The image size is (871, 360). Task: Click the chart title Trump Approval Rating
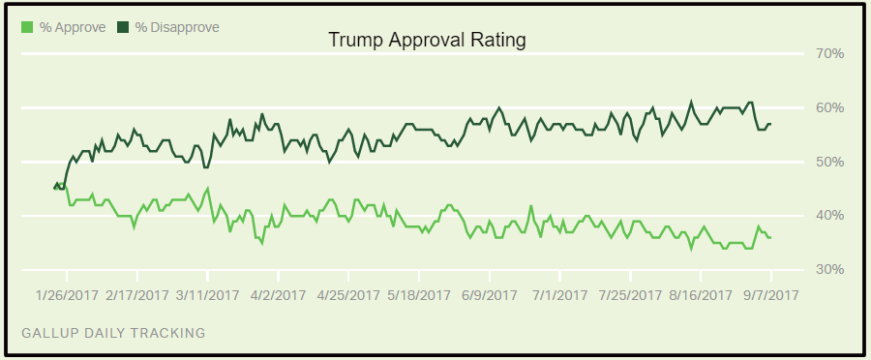point(427,41)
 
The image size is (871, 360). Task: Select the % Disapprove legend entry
point(169,26)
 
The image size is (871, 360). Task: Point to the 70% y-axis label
point(826,53)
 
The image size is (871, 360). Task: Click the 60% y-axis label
point(826,107)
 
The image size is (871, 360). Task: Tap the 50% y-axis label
point(826,161)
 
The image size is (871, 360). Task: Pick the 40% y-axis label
point(826,215)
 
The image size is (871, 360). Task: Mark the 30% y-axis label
point(826,268)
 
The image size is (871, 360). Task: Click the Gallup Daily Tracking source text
point(112,333)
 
